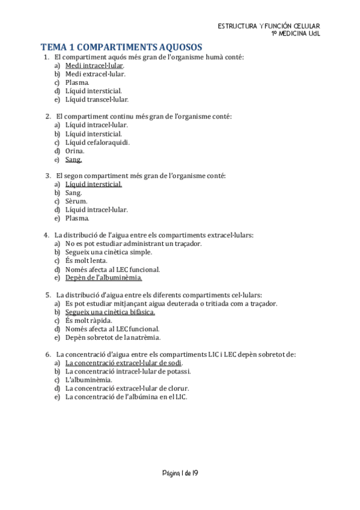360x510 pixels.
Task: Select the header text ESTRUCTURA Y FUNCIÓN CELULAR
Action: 269,26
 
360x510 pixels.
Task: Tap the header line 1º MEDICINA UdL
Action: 296,34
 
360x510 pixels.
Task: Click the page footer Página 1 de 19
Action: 180,473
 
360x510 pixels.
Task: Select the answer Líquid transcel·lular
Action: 97,99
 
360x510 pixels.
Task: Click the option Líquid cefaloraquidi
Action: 97,142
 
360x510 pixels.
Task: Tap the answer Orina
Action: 75,150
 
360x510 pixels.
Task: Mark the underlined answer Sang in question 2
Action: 73,159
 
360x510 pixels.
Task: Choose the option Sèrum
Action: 76,201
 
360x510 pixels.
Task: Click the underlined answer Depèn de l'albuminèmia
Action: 103,278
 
